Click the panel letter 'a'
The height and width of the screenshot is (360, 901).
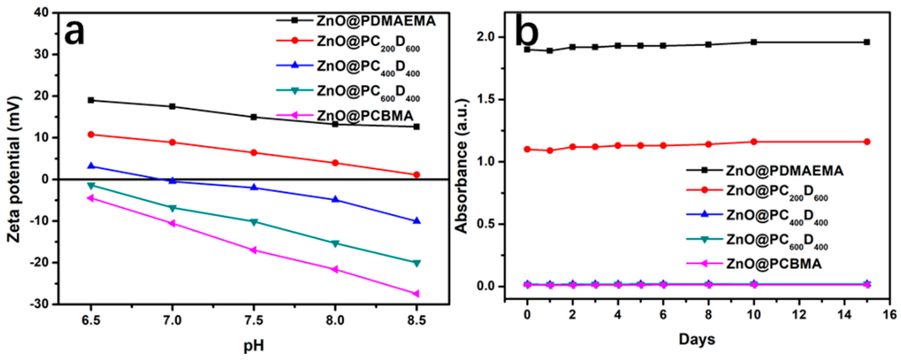pyautogui.click(x=74, y=32)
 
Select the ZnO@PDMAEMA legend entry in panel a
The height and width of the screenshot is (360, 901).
pyautogui.click(x=376, y=21)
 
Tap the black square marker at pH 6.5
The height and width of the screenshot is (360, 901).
pyautogui.click(x=91, y=100)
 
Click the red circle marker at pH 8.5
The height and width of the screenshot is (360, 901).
pyautogui.click(x=416, y=175)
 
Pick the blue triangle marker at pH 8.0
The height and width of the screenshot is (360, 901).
pyautogui.click(x=335, y=199)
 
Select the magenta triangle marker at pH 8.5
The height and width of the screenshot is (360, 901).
pyautogui.click(x=416, y=293)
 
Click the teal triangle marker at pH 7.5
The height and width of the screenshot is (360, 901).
pyautogui.click(x=254, y=222)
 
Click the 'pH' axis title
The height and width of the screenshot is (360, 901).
pyautogui.click(x=254, y=346)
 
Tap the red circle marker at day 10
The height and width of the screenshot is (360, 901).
pyautogui.click(x=754, y=142)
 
